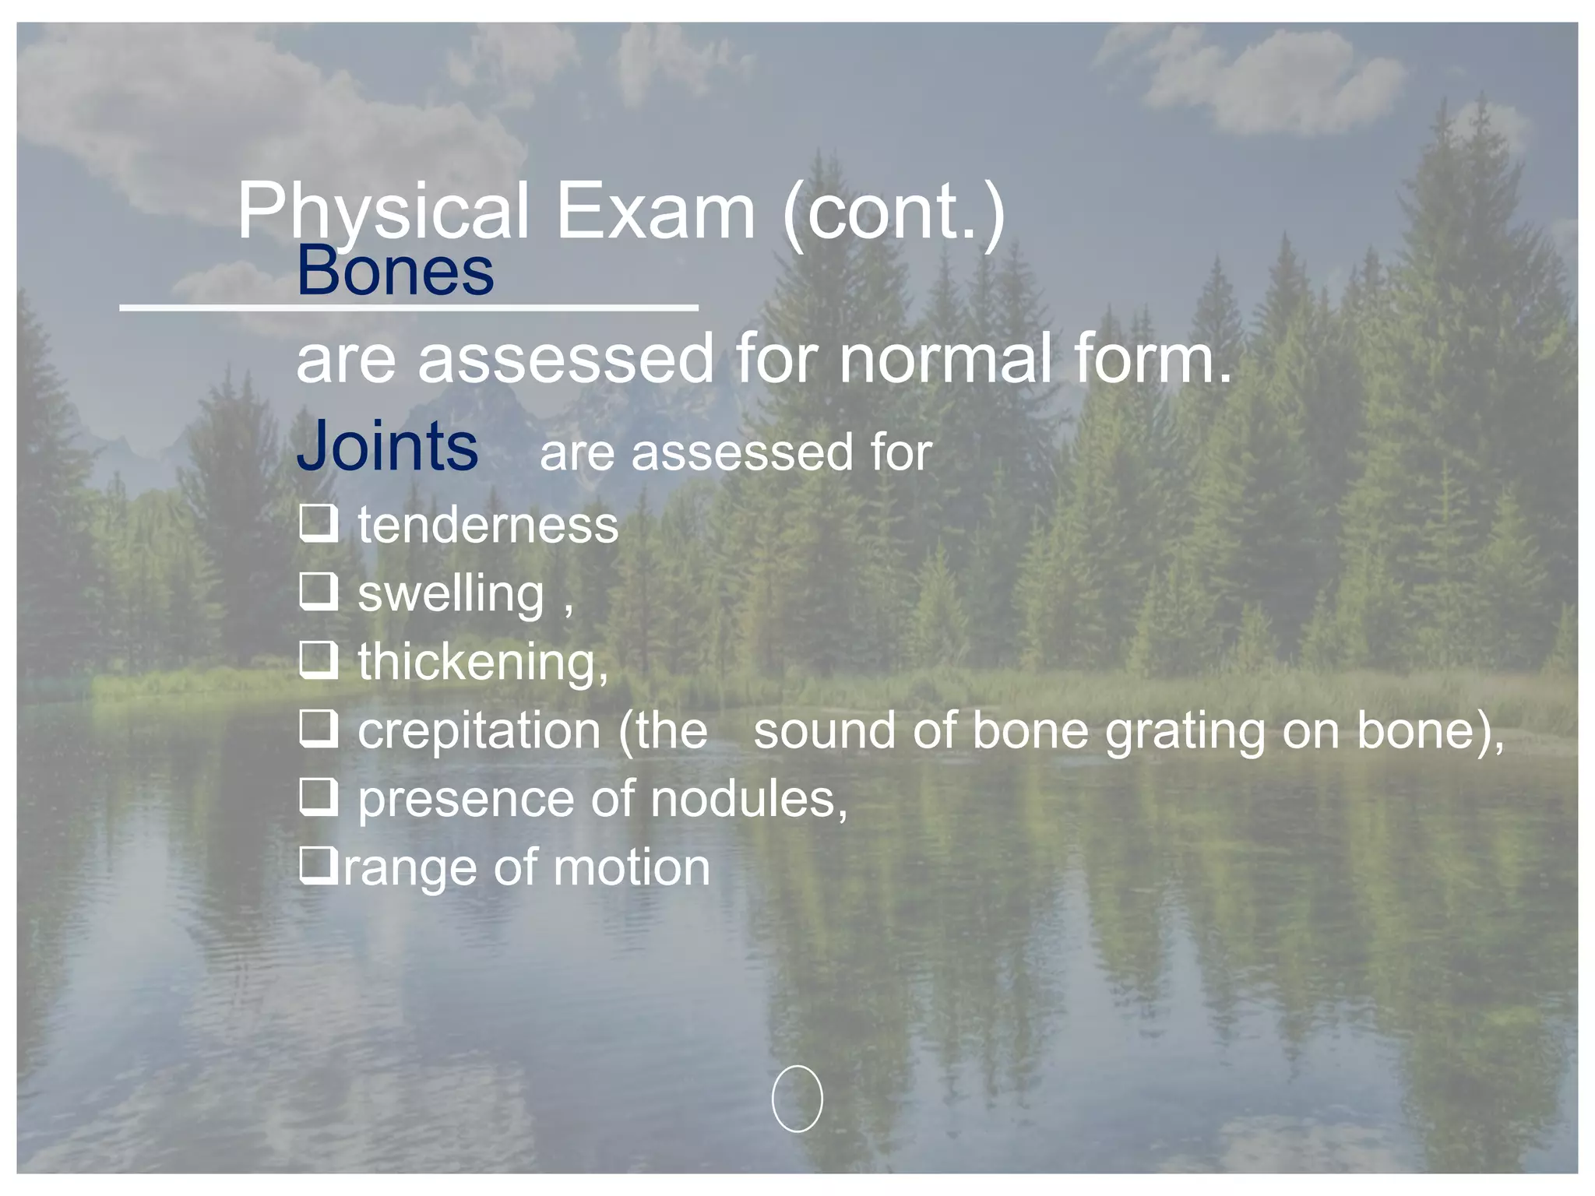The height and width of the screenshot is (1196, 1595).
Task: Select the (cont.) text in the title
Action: (x=894, y=212)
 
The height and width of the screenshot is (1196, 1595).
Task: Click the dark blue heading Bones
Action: (x=395, y=271)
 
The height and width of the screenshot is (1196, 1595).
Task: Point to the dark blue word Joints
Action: (x=387, y=446)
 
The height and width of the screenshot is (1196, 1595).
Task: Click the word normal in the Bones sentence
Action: (x=945, y=359)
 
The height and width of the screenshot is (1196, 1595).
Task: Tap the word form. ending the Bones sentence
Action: (x=1153, y=359)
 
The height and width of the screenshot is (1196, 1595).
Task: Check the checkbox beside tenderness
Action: (x=319, y=523)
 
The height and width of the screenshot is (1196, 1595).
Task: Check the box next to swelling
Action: (x=319, y=592)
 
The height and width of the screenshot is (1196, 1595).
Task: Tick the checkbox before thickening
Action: (x=319, y=660)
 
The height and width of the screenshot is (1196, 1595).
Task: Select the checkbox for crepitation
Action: (x=319, y=729)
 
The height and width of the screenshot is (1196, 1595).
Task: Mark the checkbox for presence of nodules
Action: (x=319, y=797)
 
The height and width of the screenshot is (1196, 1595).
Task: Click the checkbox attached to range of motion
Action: (x=319, y=865)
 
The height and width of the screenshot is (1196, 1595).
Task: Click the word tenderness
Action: (x=488, y=526)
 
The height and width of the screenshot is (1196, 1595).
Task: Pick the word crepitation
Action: (x=479, y=732)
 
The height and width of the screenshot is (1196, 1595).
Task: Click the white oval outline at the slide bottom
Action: (x=797, y=1099)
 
